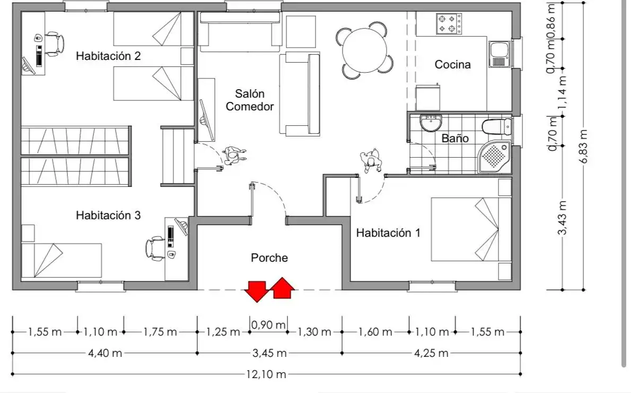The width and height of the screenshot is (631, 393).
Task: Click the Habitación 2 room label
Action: (x=108, y=56)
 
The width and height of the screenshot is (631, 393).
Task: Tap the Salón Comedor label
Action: (x=250, y=100)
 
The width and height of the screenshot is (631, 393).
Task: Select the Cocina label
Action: (x=453, y=64)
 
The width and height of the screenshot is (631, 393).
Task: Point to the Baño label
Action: (x=455, y=138)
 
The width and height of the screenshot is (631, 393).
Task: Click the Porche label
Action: (x=269, y=258)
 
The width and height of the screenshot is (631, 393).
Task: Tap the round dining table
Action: (x=365, y=50)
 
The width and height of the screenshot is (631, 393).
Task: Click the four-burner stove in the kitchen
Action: (x=449, y=24)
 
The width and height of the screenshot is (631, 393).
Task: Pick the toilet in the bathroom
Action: (x=497, y=126)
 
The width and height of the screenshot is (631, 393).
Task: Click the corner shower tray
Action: (x=495, y=157)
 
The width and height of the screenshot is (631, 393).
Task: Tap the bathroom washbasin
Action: (x=431, y=123)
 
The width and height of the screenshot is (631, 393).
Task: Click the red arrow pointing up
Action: (x=283, y=288)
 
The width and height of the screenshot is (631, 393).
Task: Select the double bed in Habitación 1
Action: (x=471, y=229)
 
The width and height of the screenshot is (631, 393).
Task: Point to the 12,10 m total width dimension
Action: (x=266, y=374)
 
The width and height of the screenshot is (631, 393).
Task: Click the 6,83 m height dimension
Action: (x=584, y=146)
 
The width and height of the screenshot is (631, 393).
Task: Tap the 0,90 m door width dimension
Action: (x=268, y=324)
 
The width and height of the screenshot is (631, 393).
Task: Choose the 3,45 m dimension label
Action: (x=269, y=353)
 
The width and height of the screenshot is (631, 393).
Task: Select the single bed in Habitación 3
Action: (x=61, y=260)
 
